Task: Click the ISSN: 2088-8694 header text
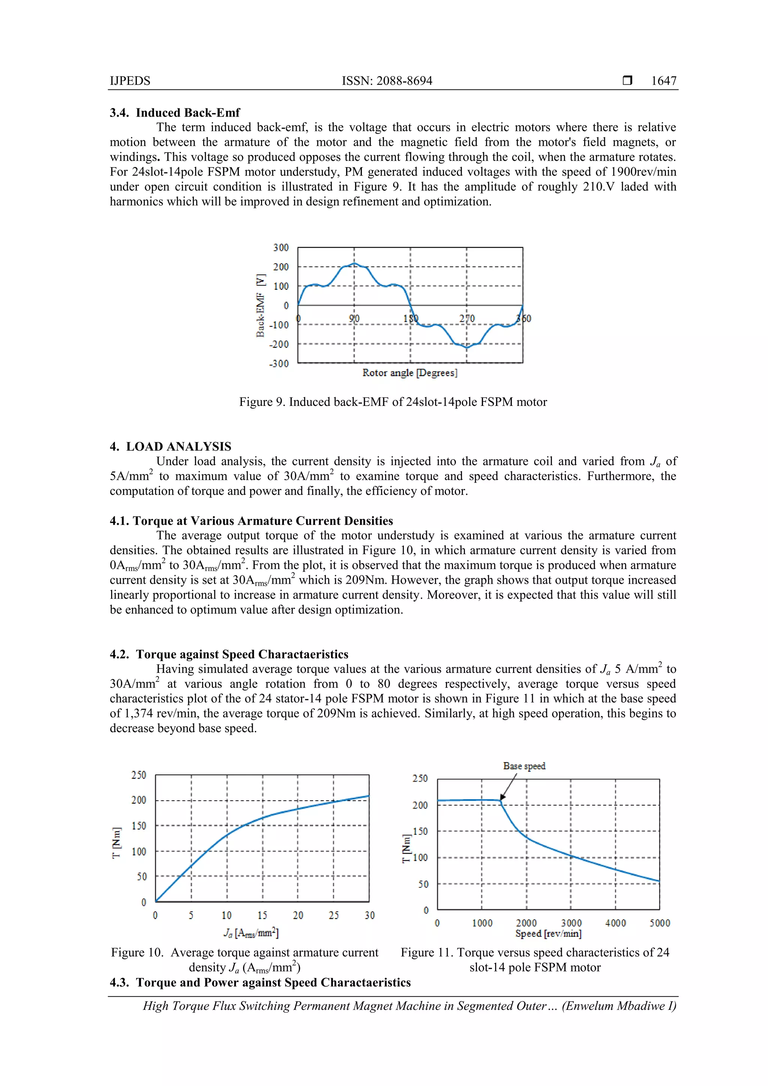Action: [x=387, y=81]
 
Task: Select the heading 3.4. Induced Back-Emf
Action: [x=175, y=112]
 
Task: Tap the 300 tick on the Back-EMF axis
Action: [x=280, y=248]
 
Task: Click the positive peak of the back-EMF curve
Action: [x=354, y=264]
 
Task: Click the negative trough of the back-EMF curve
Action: [x=466, y=348]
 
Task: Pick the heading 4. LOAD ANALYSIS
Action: [x=171, y=446]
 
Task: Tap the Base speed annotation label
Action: [x=524, y=766]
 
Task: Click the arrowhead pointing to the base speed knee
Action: [x=502, y=797]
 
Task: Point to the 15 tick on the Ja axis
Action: [x=262, y=915]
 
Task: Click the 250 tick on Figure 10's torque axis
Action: [x=139, y=775]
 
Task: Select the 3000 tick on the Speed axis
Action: [x=571, y=923]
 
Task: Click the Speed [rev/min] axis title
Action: [x=548, y=934]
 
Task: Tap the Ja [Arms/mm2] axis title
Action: [x=251, y=933]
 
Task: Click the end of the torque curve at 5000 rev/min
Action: [x=659, y=881]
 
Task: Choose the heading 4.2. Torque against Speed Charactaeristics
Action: [x=229, y=654]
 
